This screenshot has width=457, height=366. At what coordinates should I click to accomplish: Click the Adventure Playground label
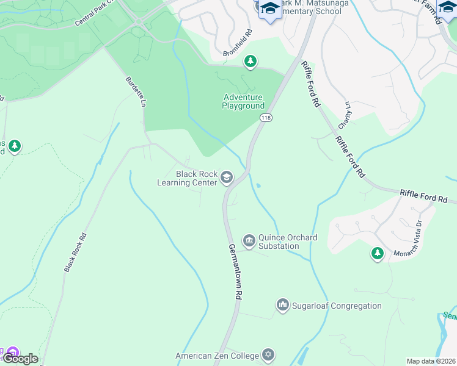[x=243, y=101]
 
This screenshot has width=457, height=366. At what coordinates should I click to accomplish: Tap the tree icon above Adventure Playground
[x=250, y=61]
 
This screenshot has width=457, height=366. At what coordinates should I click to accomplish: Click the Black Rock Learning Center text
[x=187, y=178]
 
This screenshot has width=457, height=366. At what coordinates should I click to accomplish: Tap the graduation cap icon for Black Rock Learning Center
[x=226, y=178]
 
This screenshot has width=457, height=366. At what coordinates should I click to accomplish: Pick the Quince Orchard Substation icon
[x=249, y=241]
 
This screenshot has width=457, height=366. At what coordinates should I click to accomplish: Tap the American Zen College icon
[x=268, y=354]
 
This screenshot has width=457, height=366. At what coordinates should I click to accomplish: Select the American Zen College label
[x=217, y=356]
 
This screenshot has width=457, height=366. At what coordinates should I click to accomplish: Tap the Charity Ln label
[x=346, y=114]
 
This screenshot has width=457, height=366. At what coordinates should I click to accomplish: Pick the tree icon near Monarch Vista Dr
[x=377, y=253]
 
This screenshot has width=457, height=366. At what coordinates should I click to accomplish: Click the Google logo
[x=21, y=359]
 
